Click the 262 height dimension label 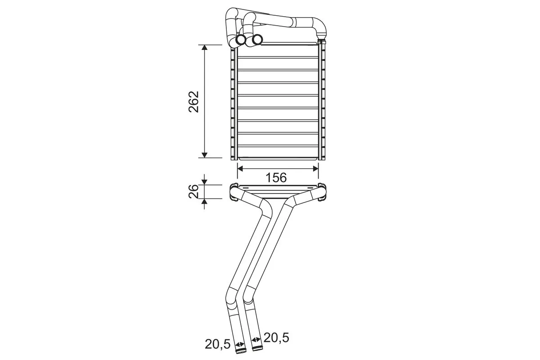coord(193,102)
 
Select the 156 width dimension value coord(277,177)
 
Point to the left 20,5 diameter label coord(218,344)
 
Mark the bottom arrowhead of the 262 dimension coord(204,155)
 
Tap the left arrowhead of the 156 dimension coord(240,168)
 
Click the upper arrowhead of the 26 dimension coord(204,182)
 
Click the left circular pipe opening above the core coord(240,40)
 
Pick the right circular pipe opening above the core coord(257,40)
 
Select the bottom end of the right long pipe coord(256,347)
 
